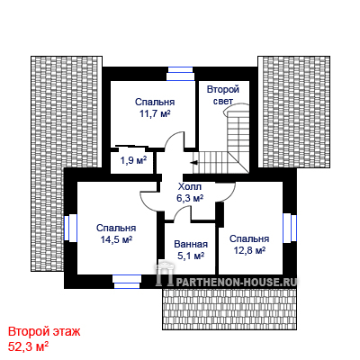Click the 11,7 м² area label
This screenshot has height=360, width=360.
tap(155, 114)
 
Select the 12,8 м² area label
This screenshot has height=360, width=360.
tap(249, 250)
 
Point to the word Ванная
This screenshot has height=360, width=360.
tap(191, 244)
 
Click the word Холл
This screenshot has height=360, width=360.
tap(190, 187)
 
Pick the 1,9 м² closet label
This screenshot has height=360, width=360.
tap(133, 161)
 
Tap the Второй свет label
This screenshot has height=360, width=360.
tap(223, 95)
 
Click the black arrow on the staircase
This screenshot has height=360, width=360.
tap(193, 163)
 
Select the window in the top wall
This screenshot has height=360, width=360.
tap(180, 74)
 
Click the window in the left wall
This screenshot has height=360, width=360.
tap(71, 228)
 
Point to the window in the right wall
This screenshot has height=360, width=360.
tap(290, 228)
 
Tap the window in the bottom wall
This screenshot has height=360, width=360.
tap(127, 282)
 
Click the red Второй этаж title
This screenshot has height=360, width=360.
tap(44, 332)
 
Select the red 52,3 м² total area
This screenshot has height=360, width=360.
tap(29, 346)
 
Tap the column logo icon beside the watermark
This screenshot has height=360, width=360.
tap(164, 274)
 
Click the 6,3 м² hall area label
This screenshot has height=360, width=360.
tap(190, 198)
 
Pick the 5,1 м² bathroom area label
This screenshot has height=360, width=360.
tap(191, 256)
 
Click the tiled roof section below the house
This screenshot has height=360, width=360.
tap(229, 310)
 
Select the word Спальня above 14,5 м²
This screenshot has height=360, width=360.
tap(116, 228)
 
